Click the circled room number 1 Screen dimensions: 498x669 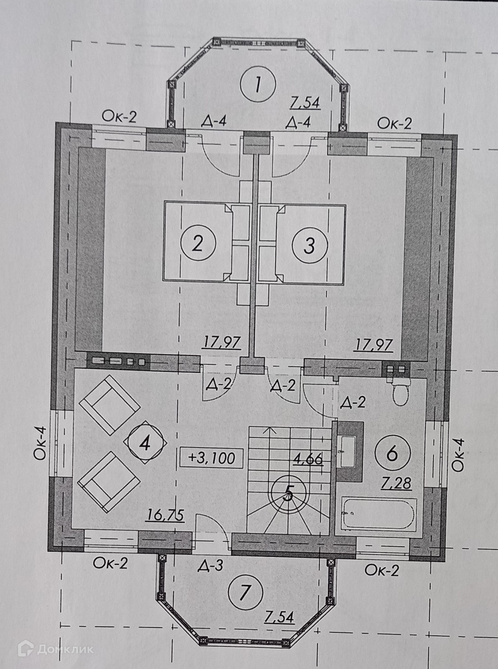point(258,84)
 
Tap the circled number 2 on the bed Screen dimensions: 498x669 point(197,243)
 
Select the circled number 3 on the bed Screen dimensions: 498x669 point(309,245)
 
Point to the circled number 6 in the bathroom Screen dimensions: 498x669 point(392,454)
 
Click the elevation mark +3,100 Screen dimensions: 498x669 point(212,458)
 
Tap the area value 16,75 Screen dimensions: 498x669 point(165,514)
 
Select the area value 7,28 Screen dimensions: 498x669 point(396,483)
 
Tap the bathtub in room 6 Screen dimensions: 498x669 point(379,514)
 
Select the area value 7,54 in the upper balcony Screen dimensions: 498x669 point(304,103)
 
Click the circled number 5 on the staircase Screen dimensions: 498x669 point(288,493)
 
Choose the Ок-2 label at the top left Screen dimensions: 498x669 point(119,117)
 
